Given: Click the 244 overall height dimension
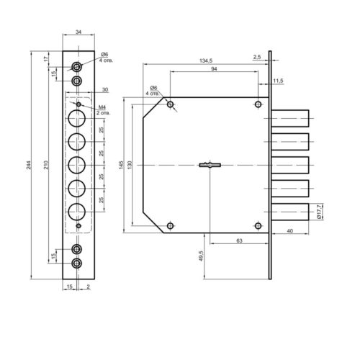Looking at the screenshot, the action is [x=29, y=165].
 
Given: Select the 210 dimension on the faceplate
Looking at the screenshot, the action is [x=46, y=165].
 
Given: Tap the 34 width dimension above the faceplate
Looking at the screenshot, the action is [x=78, y=32].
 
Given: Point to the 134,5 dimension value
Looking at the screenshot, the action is [x=206, y=60].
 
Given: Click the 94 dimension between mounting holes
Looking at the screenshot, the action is [x=214, y=69].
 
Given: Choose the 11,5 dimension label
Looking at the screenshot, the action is [x=278, y=81].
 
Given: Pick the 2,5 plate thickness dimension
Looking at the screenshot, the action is [x=257, y=57].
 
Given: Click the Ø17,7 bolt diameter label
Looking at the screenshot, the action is [x=319, y=212].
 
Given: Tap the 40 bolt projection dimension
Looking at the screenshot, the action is [x=290, y=231].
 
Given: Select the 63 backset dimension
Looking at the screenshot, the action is [x=239, y=240].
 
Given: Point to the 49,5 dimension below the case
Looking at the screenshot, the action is [x=201, y=256].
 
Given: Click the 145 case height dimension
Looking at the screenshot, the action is [x=121, y=165].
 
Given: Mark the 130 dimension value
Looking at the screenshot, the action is [x=130, y=165].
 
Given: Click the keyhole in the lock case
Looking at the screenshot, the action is [x=210, y=165].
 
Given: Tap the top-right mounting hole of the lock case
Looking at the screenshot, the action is [x=258, y=104].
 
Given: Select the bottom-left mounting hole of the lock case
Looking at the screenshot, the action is [x=171, y=226].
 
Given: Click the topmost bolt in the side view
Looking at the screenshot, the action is [x=290, y=118].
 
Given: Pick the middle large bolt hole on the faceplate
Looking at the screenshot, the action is [x=77, y=165].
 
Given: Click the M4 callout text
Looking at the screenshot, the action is [x=102, y=107].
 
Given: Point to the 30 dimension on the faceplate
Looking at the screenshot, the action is [x=105, y=90].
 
